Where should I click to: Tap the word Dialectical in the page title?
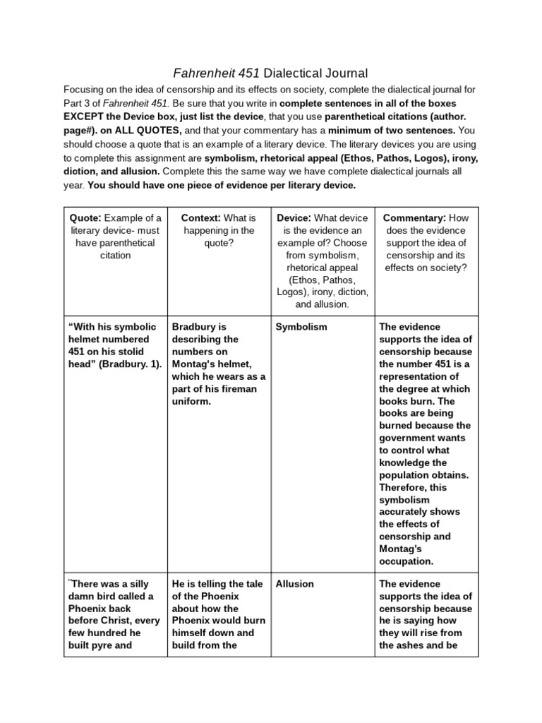pos(284,73)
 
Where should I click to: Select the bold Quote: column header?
pos(85,217)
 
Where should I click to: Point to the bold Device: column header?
pos(294,217)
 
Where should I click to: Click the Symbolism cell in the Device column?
pos(301,327)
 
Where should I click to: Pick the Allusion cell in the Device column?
pos(295,584)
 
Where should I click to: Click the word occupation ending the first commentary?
pos(406,561)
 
